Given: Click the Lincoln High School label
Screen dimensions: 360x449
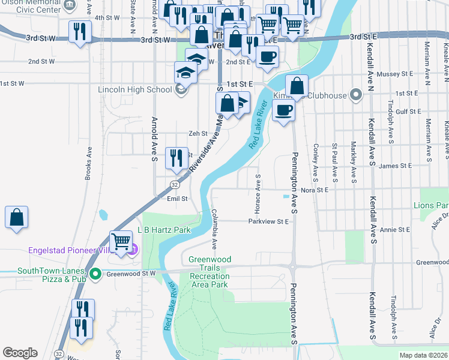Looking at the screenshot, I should tap(135, 90).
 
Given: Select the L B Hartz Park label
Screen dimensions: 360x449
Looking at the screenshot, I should tap(164, 230).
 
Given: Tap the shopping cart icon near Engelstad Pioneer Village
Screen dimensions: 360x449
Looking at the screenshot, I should tap(121, 242).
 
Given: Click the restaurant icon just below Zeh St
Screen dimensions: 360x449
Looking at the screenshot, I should tap(175, 158).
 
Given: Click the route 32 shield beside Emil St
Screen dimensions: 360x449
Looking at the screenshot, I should tap(173, 185).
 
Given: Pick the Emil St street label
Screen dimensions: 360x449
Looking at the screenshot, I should tap(177, 198).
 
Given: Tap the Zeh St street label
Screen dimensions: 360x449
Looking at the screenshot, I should tap(198, 134).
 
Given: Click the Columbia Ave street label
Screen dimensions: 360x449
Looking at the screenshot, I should tap(214, 229).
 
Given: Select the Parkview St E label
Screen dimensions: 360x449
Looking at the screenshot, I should tap(270, 221).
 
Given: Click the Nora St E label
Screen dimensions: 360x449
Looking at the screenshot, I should tap(315, 190).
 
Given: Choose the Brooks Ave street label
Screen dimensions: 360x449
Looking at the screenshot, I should tap(88, 163).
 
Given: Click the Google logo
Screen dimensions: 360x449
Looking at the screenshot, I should tap(20, 353).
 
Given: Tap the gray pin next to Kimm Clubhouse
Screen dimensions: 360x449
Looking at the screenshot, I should tap(356, 95).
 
